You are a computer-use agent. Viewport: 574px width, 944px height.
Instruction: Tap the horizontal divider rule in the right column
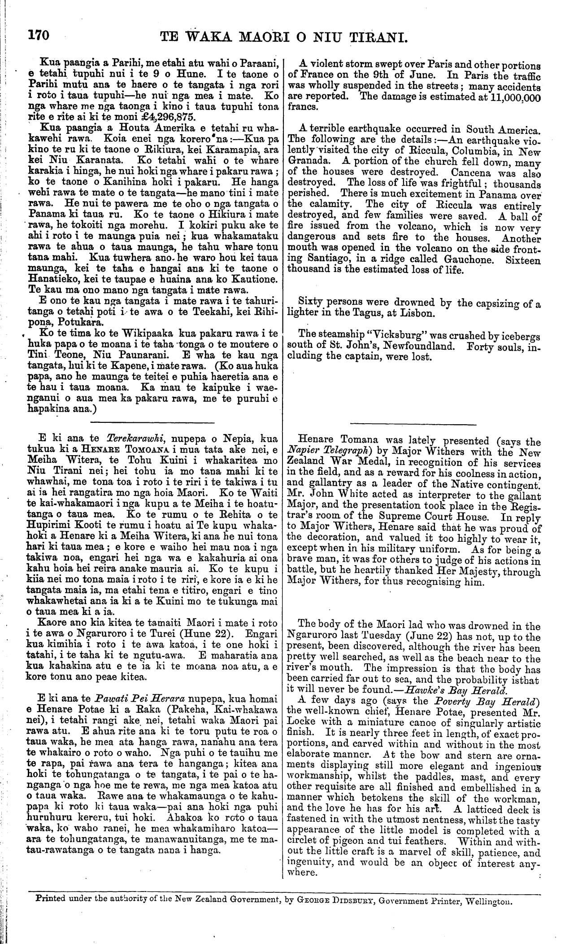point(413,424)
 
